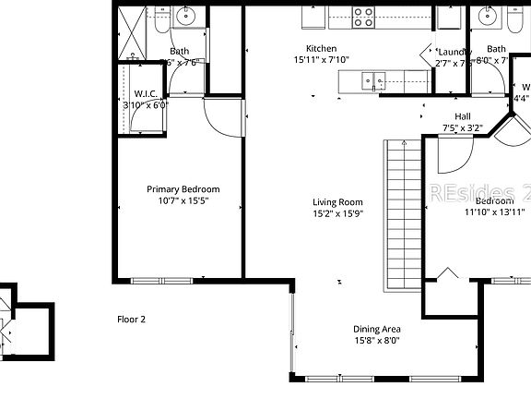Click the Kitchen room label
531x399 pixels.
pyautogui.click(x=322, y=48)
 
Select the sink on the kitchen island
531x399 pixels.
pyautogui.click(x=373, y=80)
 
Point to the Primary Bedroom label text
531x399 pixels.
pyautogui.click(x=183, y=189)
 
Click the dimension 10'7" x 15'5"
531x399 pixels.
pyautogui.click(x=183, y=201)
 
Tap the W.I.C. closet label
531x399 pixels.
pyautogui.click(x=146, y=93)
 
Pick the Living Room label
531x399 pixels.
pyautogui.click(x=337, y=202)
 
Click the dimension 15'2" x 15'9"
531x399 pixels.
pyautogui.click(x=337, y=214)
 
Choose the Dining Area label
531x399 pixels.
pyautogui.click(x=376, y=329)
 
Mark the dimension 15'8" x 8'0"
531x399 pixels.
pyautogui.click(x=376, y=341)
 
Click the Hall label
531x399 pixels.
pyautogui.click(x=463, y=116)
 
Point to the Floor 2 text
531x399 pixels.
pyautogui.click(x=131, y=320)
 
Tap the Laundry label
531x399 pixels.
pyautogui.click(x=454, y=51)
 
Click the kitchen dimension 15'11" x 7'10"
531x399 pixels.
pyautogui.click(x=322, y=60)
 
